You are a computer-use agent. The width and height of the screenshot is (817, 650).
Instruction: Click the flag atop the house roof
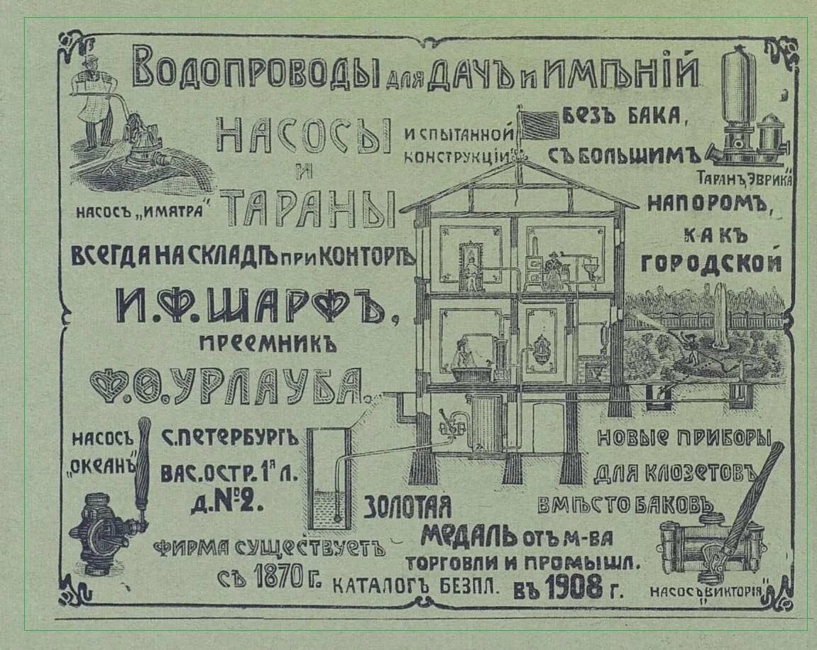pos(541,124)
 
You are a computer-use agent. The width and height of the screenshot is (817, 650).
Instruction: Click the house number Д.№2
pos(227,502)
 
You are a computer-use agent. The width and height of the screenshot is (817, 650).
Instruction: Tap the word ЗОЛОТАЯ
pos(408,506)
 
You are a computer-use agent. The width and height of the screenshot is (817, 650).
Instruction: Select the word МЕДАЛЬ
pos(468,534)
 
